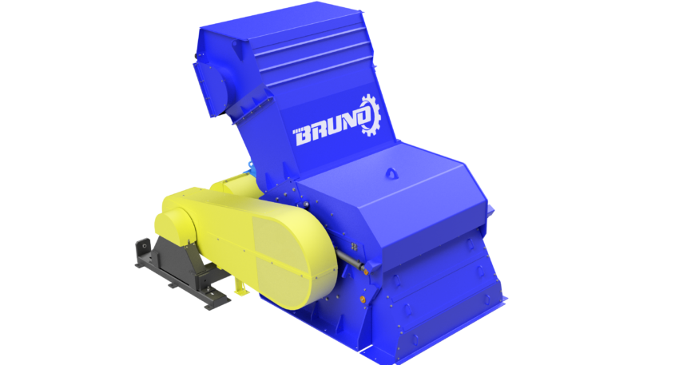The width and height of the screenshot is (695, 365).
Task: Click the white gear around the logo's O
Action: coord(369,115)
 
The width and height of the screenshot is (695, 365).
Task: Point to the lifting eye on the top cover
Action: coord(391,173)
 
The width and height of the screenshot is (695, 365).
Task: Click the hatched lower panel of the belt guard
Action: coord(290,261)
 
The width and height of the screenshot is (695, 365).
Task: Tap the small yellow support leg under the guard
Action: coord(240,287)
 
